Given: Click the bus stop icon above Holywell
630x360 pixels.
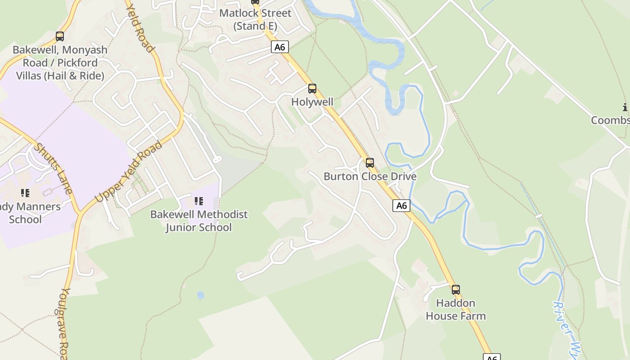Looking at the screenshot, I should (x=312, y=89).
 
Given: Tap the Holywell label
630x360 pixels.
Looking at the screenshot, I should (x=312, y=102).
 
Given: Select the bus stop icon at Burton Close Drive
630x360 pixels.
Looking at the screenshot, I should (x=370, y=163).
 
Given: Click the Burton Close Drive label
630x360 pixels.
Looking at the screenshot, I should (x=370, y=176).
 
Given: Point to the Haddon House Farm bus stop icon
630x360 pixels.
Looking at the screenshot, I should (x=456, y=290).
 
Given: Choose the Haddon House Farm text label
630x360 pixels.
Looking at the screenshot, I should (x=456, y=310).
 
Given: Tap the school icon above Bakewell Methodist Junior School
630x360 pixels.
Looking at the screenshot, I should (x=198, y=201).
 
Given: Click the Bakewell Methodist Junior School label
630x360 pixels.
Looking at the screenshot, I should (x=199, y=220).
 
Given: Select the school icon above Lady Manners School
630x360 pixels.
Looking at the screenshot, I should (x=25, y=193).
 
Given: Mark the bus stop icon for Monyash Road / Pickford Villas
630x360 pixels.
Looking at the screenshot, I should (x=60, y=36).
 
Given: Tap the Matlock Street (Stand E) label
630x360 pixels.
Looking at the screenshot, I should (x=255, y=19).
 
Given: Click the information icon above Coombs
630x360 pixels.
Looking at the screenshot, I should (x=625, y=107).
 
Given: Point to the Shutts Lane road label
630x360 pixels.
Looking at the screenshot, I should (x=53, y=168).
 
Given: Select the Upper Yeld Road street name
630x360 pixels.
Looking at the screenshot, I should (x=128, y=172).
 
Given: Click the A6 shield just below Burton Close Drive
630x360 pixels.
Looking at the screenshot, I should (x=401, y=206).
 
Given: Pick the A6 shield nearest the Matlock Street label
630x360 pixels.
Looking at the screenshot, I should (x=279, y=47).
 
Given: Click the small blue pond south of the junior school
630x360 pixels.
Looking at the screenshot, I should (x=201, y=295).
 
